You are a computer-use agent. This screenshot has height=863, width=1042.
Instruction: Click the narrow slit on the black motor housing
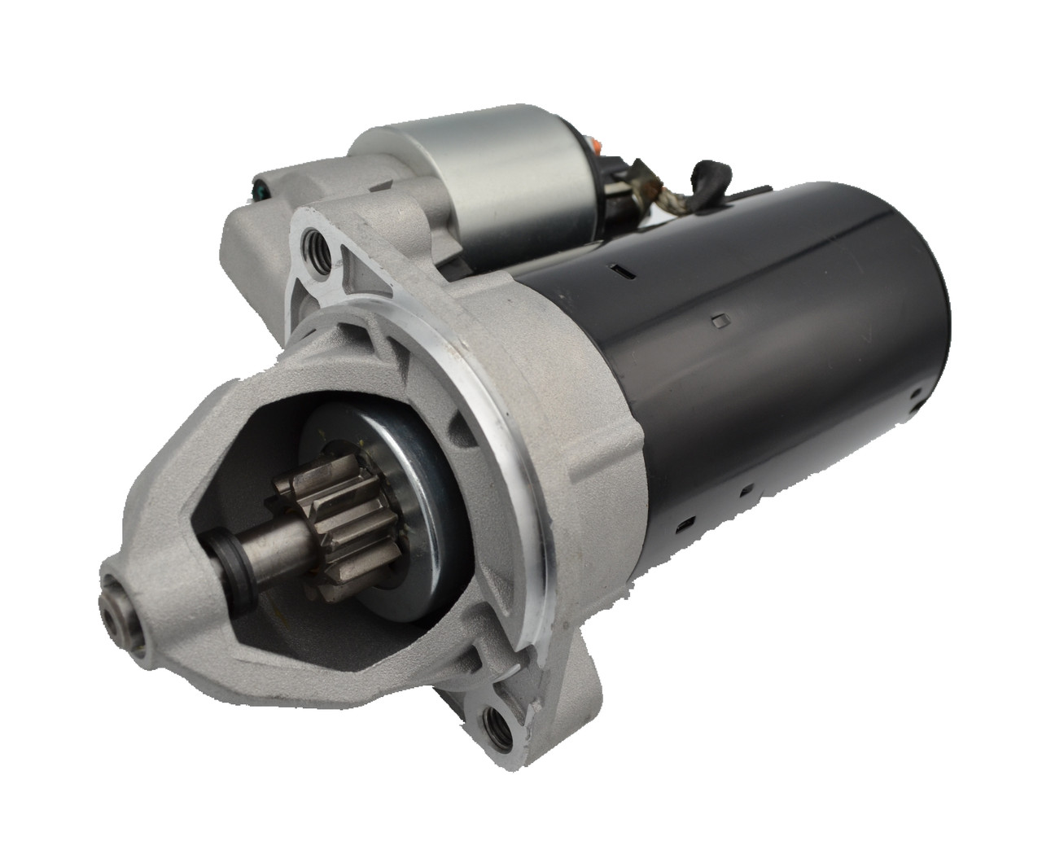pyautogui.click(x=620, y=267)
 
